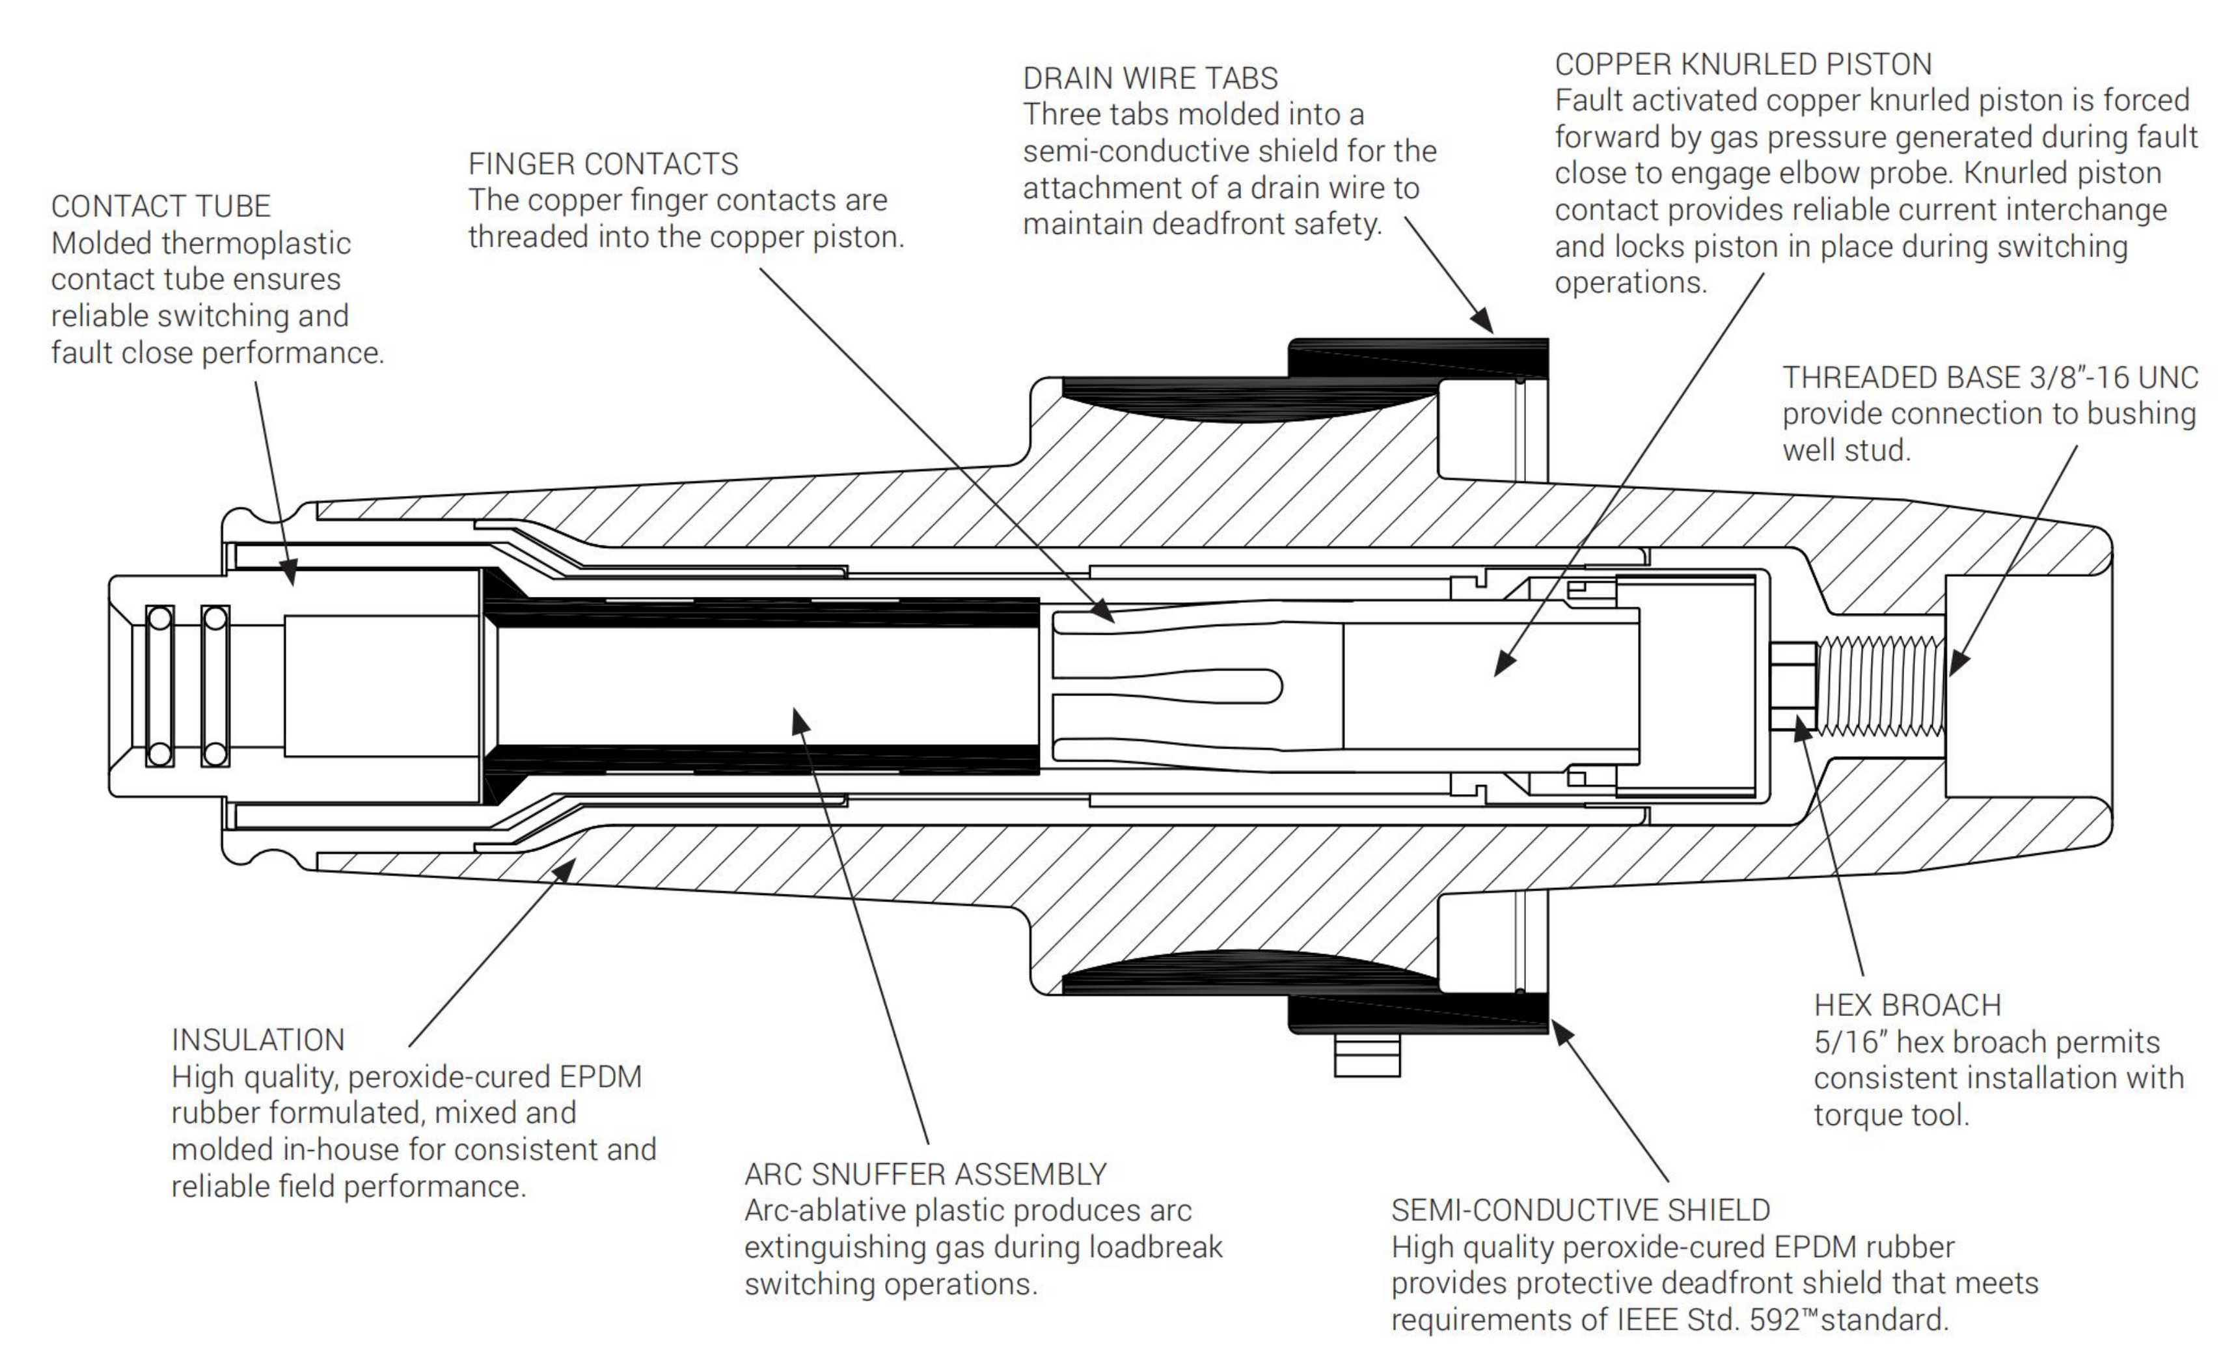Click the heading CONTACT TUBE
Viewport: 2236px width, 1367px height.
point(161,207)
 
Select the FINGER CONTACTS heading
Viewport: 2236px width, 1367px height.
point(603,164)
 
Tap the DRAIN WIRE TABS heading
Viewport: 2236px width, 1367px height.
point(1150,79)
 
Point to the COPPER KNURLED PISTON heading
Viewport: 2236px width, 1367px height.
point(1742,64)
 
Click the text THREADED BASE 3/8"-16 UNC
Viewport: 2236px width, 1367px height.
point(1989,378)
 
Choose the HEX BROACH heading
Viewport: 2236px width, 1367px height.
point(1907,1005)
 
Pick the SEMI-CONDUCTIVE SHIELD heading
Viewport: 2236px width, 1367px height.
point(1580,1210)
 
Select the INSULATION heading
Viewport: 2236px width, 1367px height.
point(258,1040)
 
